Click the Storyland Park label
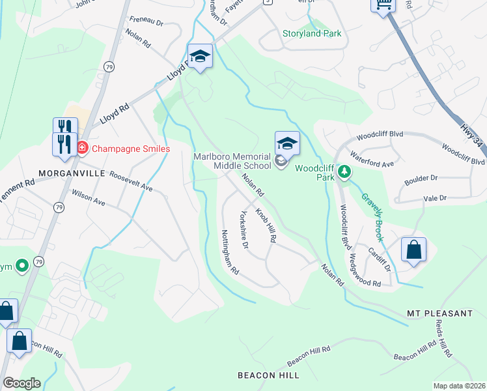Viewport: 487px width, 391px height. [312, 33]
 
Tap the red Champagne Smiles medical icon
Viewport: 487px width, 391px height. [82, 148]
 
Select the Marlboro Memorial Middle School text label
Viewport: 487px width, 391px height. [232, 160]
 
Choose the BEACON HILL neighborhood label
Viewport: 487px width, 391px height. [268, 375]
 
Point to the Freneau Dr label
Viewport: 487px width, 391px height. [146, 22]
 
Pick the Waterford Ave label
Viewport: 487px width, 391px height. [372, 160]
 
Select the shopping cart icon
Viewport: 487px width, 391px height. [383, 5]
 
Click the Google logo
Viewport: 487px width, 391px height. [21, 383]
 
